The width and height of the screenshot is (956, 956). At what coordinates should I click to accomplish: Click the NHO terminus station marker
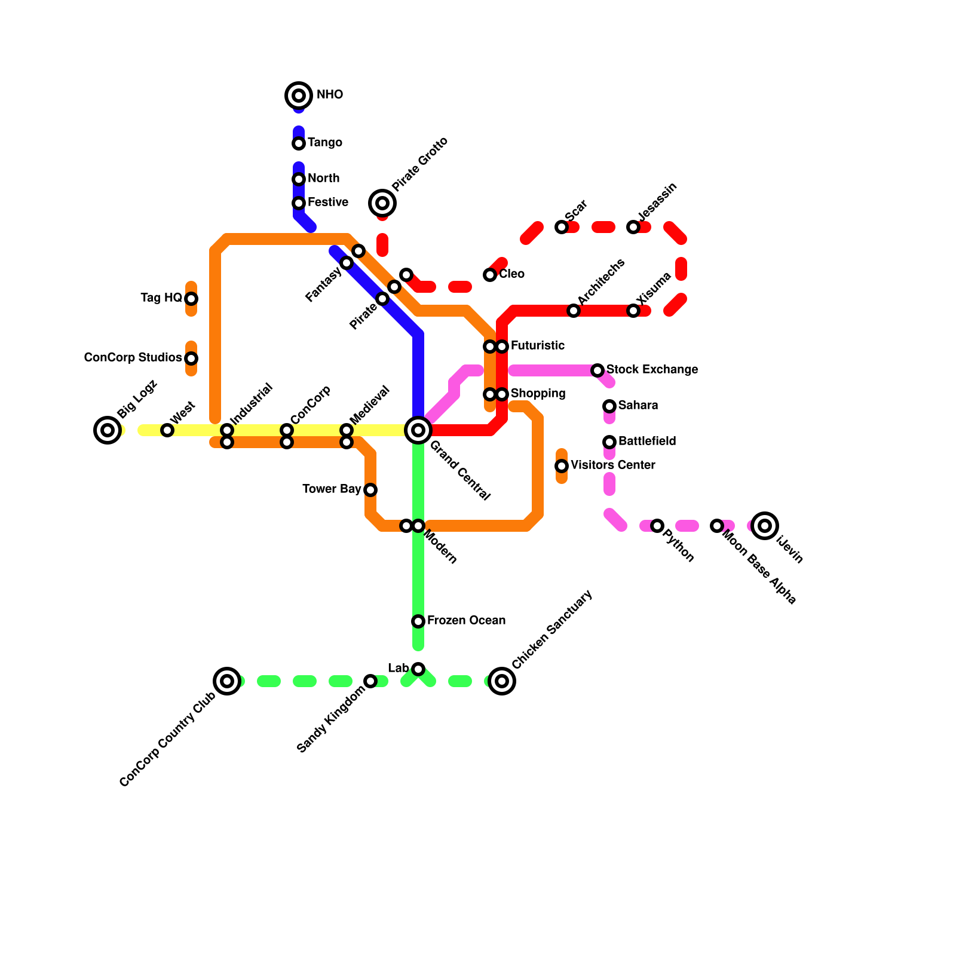[299, 96]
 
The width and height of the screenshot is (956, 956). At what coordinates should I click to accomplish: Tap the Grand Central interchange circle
[418, 430]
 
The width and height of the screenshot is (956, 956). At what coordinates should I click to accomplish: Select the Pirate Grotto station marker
[382, 203]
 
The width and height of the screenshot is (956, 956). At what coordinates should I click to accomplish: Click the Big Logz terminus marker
[108, 430]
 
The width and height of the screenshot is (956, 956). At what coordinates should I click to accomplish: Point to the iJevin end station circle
[765, 526]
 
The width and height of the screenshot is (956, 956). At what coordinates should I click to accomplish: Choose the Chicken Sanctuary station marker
[502, 681]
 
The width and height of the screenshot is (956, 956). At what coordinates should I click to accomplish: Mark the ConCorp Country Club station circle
[227, 681]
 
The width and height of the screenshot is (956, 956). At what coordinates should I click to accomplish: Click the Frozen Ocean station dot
[418, 621]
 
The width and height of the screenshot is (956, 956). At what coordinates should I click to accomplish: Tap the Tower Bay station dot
[370, 490]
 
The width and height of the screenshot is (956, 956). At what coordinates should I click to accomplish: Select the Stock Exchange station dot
[597, 370]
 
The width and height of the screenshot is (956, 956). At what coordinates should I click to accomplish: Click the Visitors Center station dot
[562, 466]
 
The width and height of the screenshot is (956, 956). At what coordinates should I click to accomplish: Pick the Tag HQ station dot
[191, 299]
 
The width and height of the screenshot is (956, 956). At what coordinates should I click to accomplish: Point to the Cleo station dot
[490, 275]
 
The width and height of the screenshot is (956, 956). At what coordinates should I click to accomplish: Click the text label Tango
[324, 143]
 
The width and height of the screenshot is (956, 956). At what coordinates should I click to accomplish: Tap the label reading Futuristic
[537, 346]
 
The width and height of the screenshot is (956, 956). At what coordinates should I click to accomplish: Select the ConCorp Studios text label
[133, 358]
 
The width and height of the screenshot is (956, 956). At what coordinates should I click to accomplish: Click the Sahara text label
[638, 406]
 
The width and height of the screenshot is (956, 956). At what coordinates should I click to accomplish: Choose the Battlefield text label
[647, 442]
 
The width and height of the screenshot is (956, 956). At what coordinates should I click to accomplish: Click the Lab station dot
[418, 669]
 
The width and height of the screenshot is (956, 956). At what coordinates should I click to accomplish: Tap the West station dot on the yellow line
[167, 430]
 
